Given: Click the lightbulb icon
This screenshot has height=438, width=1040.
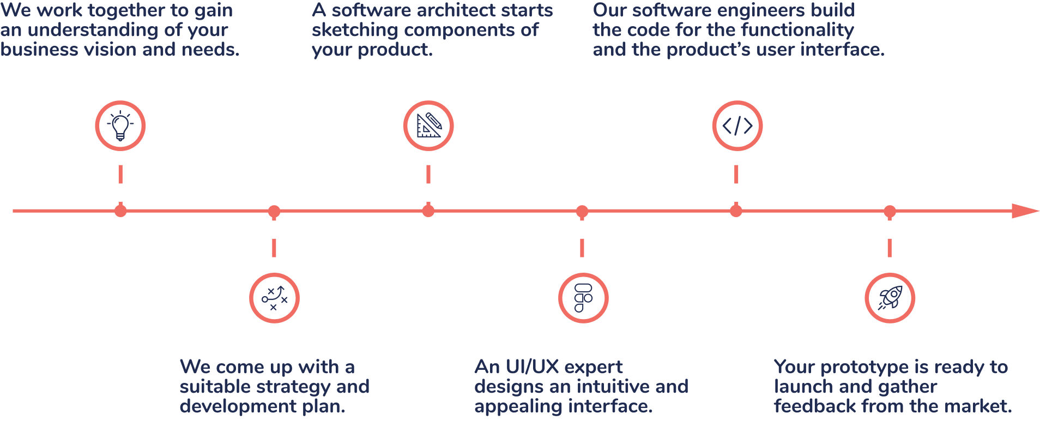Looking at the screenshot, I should point(120,125).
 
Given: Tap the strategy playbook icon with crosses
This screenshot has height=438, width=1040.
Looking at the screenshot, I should point(274,298).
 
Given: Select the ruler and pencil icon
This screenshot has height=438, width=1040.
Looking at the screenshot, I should point(428,125).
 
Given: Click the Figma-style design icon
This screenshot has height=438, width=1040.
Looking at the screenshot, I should point(583,298).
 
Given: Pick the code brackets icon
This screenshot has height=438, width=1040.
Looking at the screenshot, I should point(737,125).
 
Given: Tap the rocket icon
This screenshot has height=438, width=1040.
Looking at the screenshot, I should point(890,298).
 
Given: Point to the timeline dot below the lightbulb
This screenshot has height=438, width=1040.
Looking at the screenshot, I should point(120,211).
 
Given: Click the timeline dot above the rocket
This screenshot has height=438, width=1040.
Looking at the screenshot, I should point(890,211).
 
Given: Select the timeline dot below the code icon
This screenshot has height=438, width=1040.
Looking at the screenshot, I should point(736,211).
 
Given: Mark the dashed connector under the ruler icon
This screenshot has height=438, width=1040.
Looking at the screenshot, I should point(428,175).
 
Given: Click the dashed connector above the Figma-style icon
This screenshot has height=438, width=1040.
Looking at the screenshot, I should point(582,247).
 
